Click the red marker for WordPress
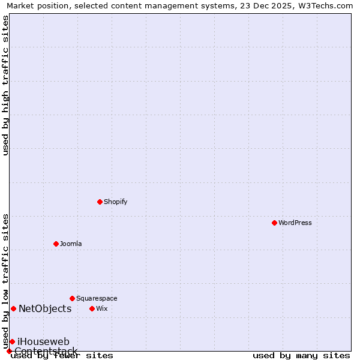274,223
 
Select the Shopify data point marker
100,202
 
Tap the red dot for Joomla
56,244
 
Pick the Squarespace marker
72,298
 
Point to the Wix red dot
92,308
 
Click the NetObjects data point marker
13,308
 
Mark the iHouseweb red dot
12,341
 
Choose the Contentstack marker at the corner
9,351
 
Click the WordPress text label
295,223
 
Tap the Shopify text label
116,202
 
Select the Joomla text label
71,244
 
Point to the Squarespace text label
97,298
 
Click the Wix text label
102,308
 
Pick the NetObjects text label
45,308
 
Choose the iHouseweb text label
43,341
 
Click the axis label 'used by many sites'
301,355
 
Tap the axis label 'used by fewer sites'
62,355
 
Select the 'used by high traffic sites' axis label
6,85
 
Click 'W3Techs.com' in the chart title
327,6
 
